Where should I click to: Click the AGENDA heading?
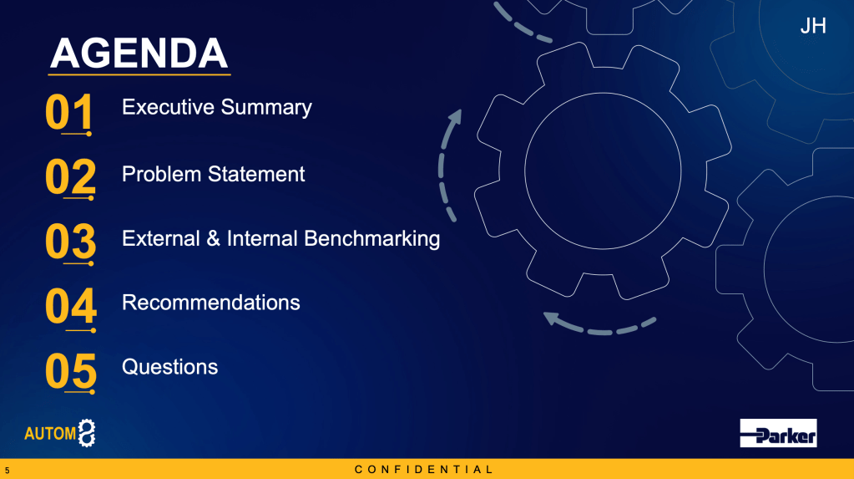pyautogui.click(x=139, y=54)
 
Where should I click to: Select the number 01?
pyautogui.click(x=68, y=111)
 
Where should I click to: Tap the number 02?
pyautogui.click(x=70, y=176)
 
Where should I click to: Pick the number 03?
pyautogui.click(x=70, y=241)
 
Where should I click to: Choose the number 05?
pyautogui.click(x=71, y=370)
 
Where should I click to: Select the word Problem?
pyautogui.click(x=162, y=175)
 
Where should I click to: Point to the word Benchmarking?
pyautogui.click(x=372, y=239)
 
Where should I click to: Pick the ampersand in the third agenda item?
pyautogui.click(x=214, y=239)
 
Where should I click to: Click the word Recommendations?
pyautogui.click(x=210, y=303)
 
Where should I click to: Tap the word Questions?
pyautogui.click(x=170, y=367)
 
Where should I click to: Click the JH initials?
pyautogui.click(x=813, y=26)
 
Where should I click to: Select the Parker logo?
pyautogui.click(x=778, y=433)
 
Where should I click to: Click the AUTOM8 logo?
pyautogui.click(x=60, y=433)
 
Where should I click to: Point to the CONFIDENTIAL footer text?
pyautogui.click(x=424, y=469)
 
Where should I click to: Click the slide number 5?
pyautogui.click(x=7, y=470)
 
